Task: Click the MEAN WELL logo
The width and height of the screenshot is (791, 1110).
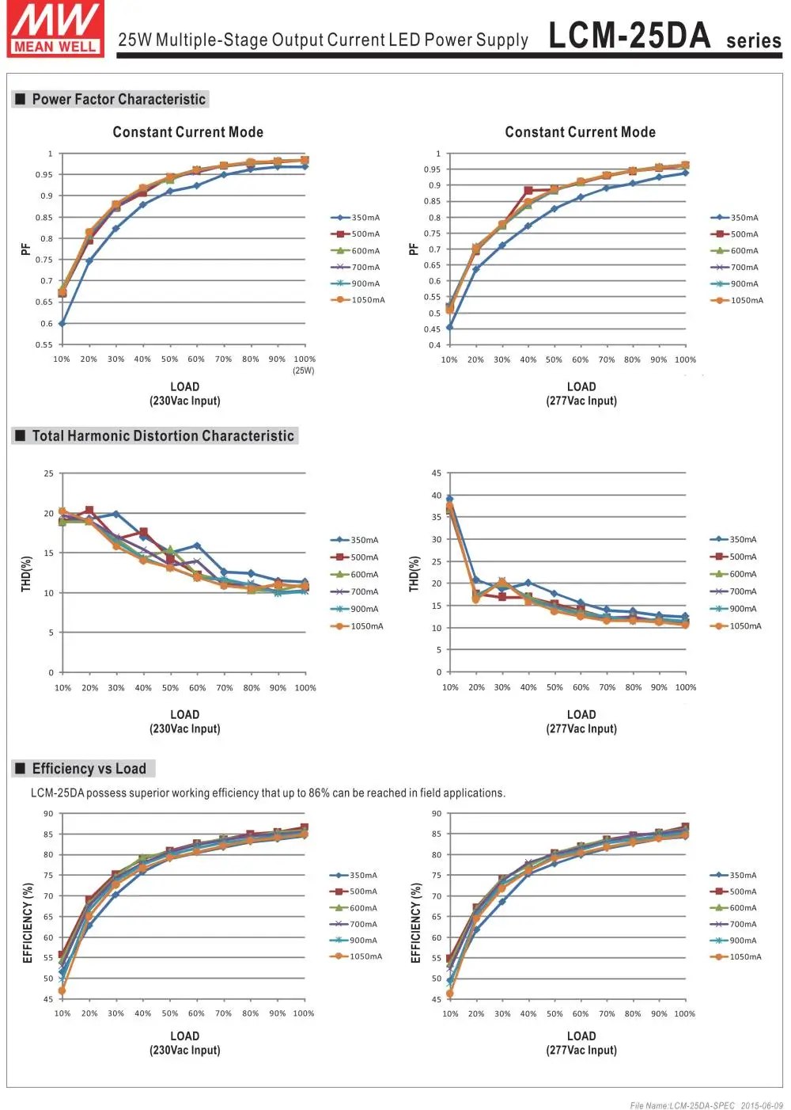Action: (x=55, y=29)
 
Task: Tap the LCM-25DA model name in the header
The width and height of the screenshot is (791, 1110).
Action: (x=630, y=36)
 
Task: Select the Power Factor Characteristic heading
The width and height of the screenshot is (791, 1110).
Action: (x=119, y=100)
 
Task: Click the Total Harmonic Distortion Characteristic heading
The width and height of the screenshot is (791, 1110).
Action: (x=163, y=436)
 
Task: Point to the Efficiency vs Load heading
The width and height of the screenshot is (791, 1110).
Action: (x=89, y=769)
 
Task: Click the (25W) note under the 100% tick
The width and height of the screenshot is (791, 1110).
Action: (x=304, y=371)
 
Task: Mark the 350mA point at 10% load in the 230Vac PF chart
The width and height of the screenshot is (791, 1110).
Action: (x=62, y=324)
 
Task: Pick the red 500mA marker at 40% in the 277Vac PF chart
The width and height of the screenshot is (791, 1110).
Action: (x=528, y=191)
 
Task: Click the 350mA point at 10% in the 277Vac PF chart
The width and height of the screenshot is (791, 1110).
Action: (x=449, y=327)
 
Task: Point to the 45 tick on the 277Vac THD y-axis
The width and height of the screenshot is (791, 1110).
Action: (x=437, y=473)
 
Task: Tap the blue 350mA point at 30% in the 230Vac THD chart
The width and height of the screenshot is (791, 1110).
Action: (x=116, y=515)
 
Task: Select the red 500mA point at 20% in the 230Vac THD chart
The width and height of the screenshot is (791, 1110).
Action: (x=89, y=511)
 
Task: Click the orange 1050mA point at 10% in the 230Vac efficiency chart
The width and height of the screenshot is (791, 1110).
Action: (x=62, y=990)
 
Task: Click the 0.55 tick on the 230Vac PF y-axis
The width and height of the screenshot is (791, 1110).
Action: (x=44, y=345)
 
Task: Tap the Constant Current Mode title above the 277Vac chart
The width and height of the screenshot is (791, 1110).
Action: (x=580, y=132)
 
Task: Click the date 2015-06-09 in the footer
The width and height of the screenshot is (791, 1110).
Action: (x=762, y=1105)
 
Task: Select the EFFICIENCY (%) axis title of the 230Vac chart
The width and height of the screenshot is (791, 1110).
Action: (x=28, y=923)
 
